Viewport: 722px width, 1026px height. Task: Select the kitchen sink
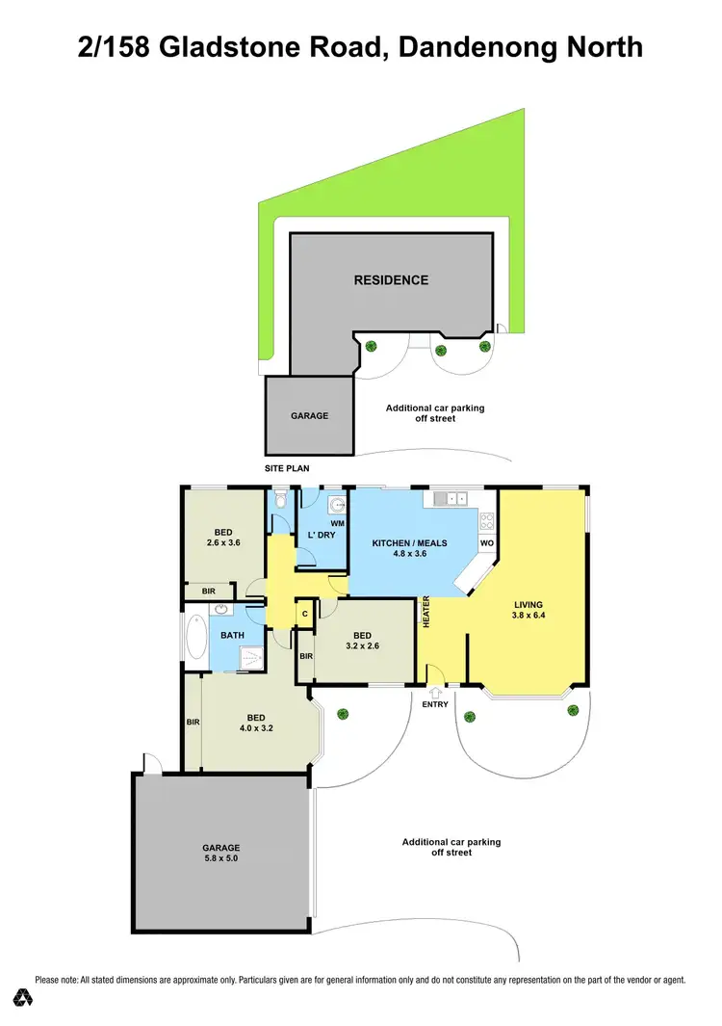coord(450,498)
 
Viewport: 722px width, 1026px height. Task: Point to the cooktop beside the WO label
coord(486,522)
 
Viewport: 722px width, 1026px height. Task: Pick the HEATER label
coord(425,613)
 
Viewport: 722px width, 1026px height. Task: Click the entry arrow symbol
coord(435,691)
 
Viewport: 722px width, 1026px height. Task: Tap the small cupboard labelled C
coord(304,614)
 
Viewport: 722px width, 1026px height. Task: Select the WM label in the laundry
coord(337,524)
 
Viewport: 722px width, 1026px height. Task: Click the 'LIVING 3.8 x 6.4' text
coord(529,612)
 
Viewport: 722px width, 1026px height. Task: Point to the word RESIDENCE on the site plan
coord(391,280)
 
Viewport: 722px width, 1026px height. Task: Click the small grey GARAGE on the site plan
coord(310,415)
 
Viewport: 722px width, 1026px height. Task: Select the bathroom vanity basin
coord(220,610)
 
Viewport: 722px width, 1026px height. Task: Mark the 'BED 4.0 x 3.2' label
coord(255,723)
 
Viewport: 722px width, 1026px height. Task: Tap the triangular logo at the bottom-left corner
coord(21,996)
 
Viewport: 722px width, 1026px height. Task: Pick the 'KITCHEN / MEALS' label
coord(410,543)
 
